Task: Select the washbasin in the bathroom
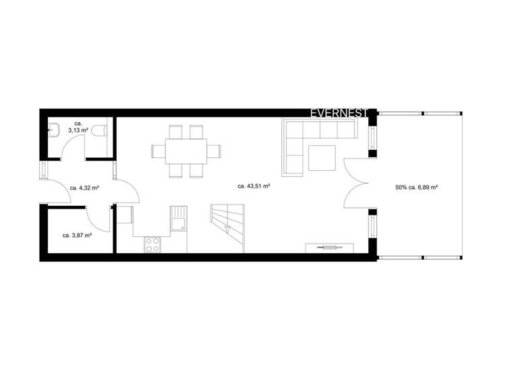(53, 130)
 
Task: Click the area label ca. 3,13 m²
(78, 128)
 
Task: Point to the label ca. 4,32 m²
(85, 188)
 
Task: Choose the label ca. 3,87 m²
(77, 236)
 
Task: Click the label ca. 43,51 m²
(254, 185)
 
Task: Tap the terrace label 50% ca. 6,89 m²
(417, 187)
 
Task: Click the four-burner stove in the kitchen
(152, 244)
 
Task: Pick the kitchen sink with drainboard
(179, 219)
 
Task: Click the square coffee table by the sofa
(322, 157)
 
